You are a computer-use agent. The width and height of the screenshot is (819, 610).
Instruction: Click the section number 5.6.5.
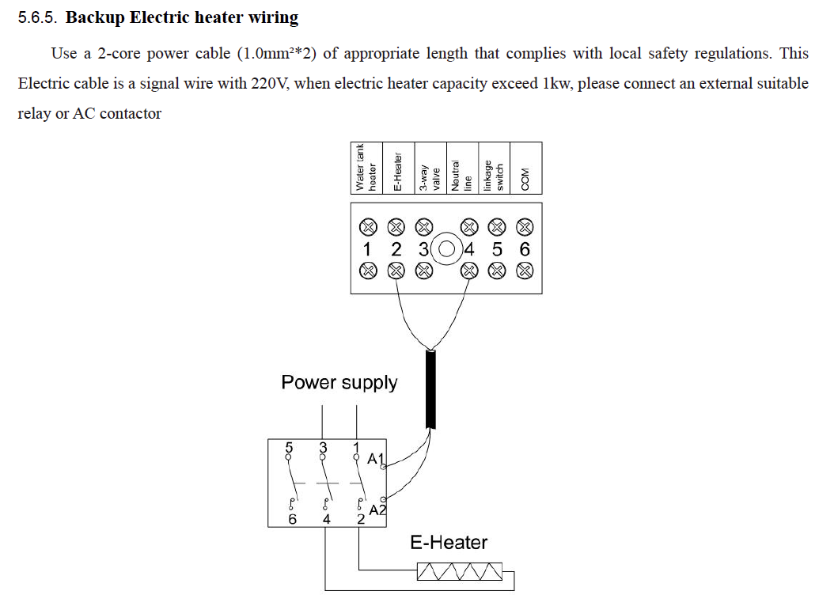point(37,17)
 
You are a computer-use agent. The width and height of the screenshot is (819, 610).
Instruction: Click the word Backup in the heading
point(95,17)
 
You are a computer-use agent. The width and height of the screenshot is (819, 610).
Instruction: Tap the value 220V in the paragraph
point(268,84)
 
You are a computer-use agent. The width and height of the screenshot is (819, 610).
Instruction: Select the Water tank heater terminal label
point(366,168)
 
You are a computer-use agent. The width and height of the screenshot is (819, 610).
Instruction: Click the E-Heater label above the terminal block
point(398,172)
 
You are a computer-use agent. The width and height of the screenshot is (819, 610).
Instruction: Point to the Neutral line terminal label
point(462,176)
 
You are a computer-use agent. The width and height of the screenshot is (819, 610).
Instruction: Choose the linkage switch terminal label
point(494,176)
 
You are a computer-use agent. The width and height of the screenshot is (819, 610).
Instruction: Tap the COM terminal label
point(525,180)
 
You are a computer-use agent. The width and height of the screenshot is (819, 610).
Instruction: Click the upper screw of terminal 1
point(368,227)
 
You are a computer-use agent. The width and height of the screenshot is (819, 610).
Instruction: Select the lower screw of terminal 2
point(396,271)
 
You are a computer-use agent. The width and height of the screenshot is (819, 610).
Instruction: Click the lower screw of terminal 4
point(469,271)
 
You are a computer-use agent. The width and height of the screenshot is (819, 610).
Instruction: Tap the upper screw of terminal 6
point(525,227)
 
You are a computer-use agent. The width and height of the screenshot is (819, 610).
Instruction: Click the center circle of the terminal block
point(446,249)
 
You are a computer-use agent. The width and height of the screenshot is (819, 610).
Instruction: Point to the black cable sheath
point(431,389)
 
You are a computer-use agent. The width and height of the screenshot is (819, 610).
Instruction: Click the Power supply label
point(339,383)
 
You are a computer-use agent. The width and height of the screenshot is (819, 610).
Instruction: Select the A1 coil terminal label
point(376,459)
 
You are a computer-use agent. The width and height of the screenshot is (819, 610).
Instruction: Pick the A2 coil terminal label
point(377,510)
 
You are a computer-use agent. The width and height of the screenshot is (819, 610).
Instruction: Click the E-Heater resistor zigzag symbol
point(460,571)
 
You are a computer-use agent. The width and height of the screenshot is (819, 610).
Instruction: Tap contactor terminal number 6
point(293,519)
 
